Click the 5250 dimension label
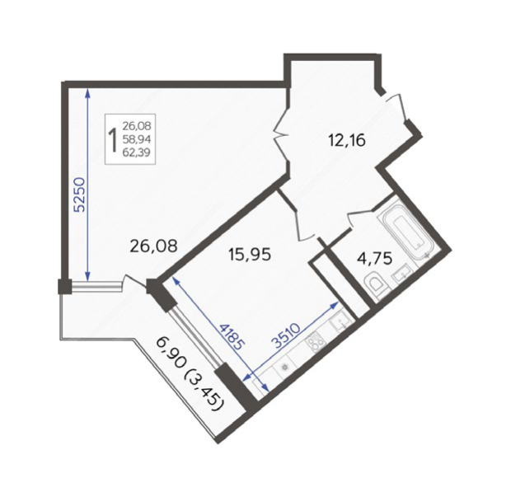tap(80, 194)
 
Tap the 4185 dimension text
tap(231, 336)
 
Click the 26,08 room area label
tap(153, 246)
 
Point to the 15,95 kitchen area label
tap(250, 254)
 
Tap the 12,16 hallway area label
tap(346, 140)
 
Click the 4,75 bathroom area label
tap(374, 259)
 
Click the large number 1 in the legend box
tap(114, 139)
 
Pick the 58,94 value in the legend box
tap(137, 139)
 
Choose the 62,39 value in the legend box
tap(137, 152)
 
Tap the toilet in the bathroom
tap(376, 284)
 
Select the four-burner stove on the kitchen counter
tap(316, 342)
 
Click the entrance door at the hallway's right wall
tap(396, 107)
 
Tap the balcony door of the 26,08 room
tap(134, 281)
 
